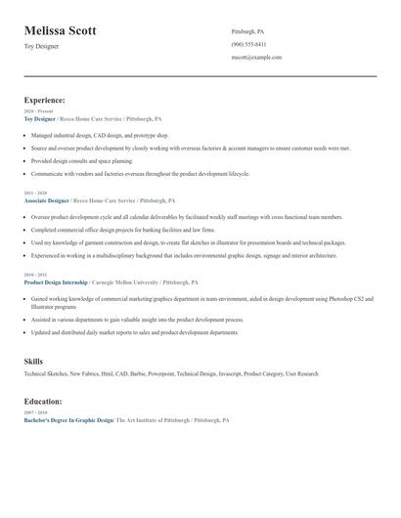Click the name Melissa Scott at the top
(61, 31)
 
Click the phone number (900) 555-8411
(248, 45)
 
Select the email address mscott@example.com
(256, 58)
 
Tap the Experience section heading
(45, 100)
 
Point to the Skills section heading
(33, 362)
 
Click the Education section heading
(43, 401)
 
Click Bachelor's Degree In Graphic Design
(68, 420)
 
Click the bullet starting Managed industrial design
(100, 135)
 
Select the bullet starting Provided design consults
(95, 160)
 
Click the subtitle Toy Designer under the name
(41, 46)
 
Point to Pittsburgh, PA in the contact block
(247, 31)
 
